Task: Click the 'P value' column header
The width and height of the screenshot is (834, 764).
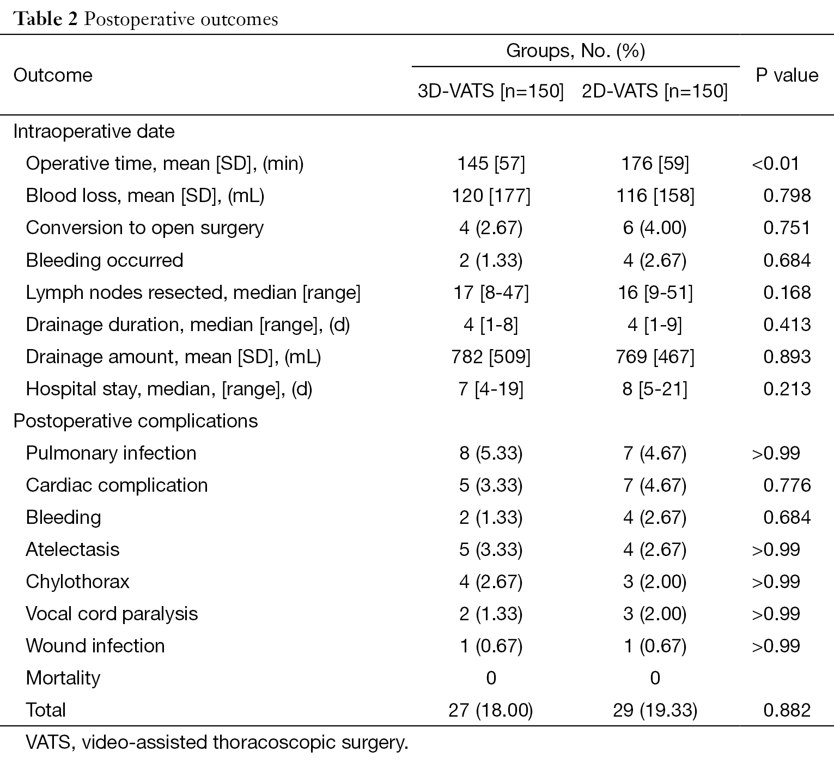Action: [x=787, y=75]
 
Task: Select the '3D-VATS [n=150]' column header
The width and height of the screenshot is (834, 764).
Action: [x=491, y=91]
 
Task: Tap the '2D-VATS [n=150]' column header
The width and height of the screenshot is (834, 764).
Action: [x=655, y=91]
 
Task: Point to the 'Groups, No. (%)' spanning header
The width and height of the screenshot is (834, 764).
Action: [x=575, y=51]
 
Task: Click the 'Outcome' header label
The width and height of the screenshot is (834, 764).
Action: [x=53, y=75]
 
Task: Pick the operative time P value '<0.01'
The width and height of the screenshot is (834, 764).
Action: [x=775, y=164]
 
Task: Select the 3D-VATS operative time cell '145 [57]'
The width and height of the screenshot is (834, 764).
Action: [x=491, y=164]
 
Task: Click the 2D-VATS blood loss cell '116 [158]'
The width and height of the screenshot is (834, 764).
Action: [x=655, y=196]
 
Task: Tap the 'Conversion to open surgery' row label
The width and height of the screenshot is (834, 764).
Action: [x=145, y=228]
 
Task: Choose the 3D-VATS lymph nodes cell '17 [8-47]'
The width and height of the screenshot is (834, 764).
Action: [x=491, y=292]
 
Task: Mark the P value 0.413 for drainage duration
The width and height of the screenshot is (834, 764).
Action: [x=787, y=325]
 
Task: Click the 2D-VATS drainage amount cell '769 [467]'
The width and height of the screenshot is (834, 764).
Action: [x=655, y=357]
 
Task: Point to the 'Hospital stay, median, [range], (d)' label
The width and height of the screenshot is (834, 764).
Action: [x=169, y=389]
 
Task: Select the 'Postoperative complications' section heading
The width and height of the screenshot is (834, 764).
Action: [x=136, y=421]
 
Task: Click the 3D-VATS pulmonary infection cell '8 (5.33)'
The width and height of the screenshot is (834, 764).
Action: [x=491, y=453]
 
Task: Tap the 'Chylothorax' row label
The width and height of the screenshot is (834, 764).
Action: [x=78, y=582]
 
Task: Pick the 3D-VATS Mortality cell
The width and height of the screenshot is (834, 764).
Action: [x=491, y=678]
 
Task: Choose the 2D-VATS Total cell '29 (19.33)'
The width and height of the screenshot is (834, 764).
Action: [x=655, y=710]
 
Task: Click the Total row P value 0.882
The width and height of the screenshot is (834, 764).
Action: [x=787, y=710]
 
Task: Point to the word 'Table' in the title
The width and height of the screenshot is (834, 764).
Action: [x=38, y=19]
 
